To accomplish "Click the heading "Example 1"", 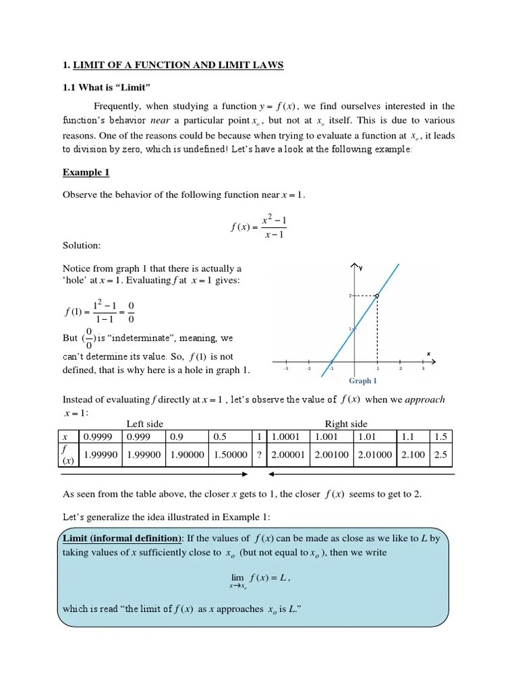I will [x=86, y=173].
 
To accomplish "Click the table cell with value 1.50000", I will [x=230, y=455].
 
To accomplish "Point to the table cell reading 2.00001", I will [x=289, y=455].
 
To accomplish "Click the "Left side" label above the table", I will [x=145, y=424].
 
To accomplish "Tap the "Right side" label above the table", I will [x=346, y=424].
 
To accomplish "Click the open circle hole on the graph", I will [x=377, y=296].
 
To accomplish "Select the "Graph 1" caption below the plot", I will [x=363, y=381].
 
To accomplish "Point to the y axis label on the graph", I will [x=361, y=268].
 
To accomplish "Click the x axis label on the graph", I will [x=428, y=353].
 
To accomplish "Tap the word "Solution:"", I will [x=82, y=246].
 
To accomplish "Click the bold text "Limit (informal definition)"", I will [x=122, y=538].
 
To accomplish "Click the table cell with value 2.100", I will [x=413, y=455].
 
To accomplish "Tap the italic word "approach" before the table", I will [x=425, y=399].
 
